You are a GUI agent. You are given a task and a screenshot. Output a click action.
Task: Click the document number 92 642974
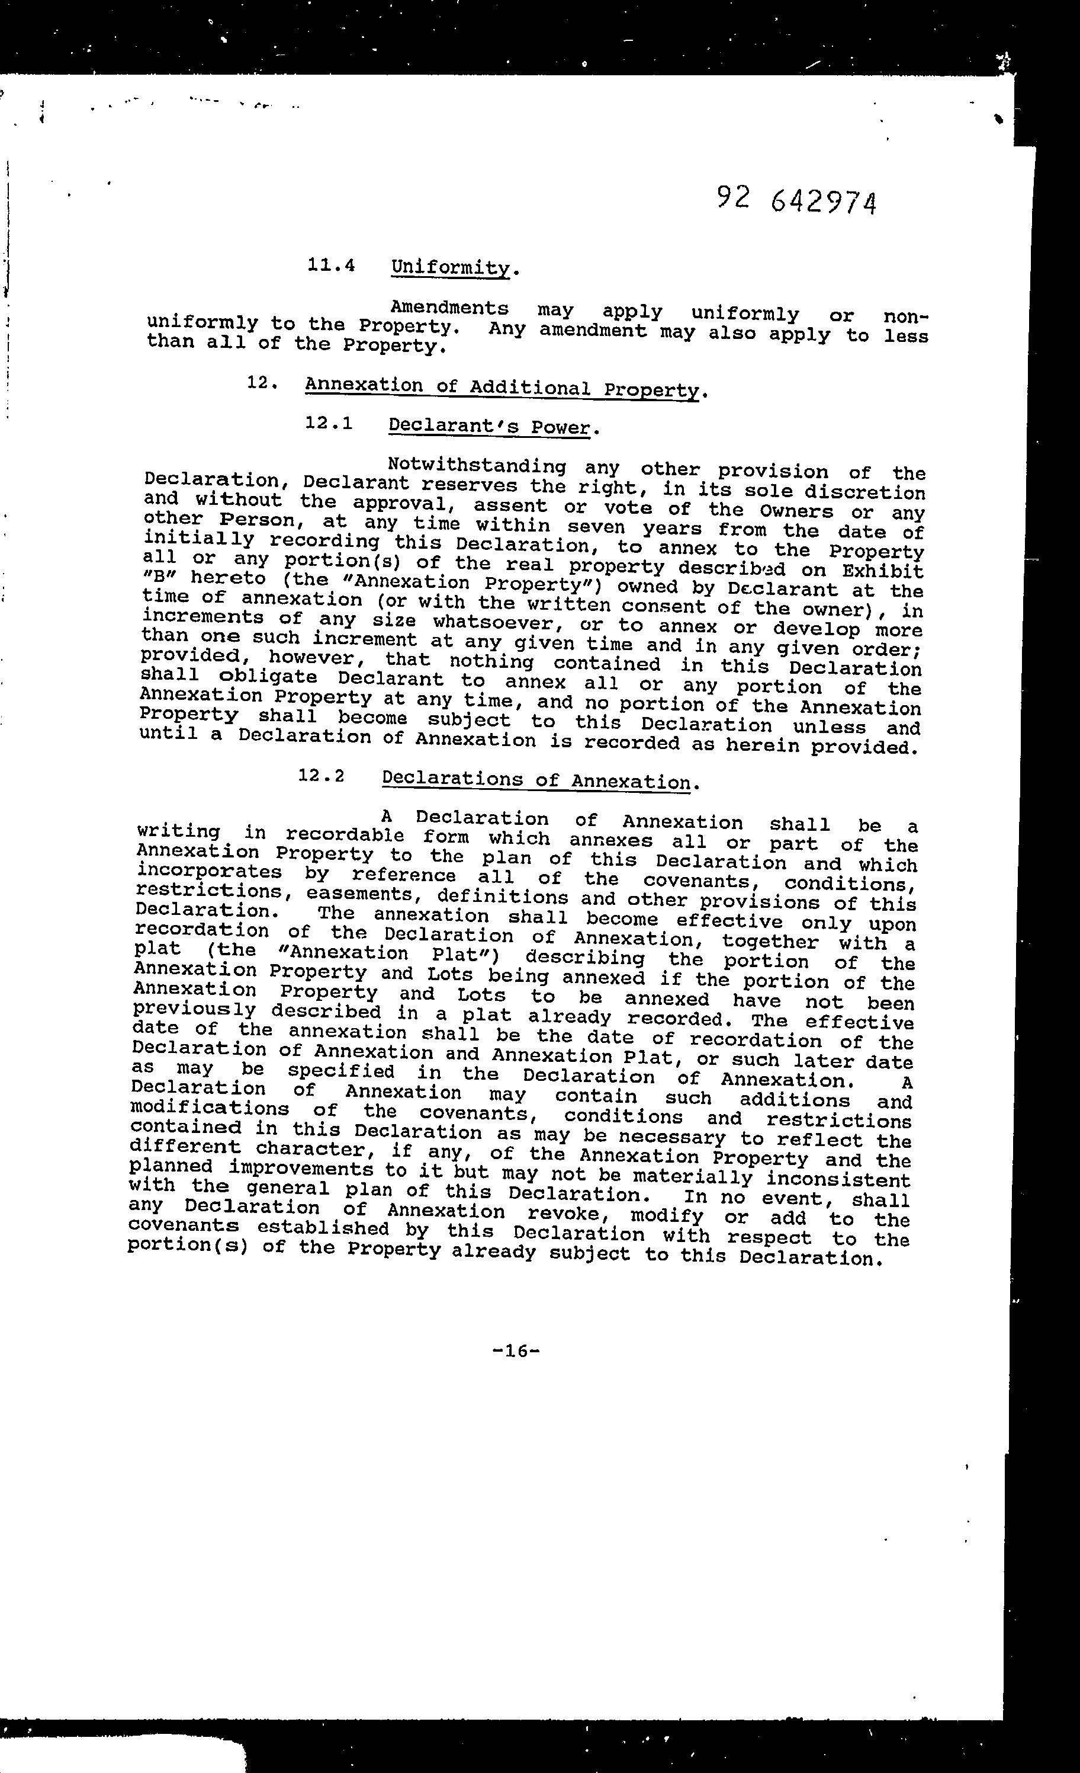coord(797,200)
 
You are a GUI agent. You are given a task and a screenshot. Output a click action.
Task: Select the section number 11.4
coord(332,265)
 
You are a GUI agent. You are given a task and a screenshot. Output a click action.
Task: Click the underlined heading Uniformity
coord(450,268)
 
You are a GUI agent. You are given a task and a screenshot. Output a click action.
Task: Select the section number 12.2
coord(322,776)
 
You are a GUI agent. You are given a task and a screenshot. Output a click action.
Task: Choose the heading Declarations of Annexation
coord(536,780)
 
